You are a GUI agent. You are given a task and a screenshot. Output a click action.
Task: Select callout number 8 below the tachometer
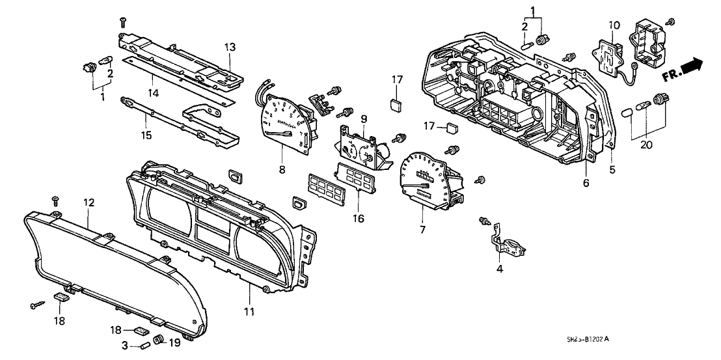pos(282,169)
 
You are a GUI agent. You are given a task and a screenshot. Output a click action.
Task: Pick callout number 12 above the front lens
pos(88,203)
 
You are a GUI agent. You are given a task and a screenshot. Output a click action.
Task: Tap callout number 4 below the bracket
pos(499,269)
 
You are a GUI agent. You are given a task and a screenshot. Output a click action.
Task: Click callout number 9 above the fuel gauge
pos(364,118)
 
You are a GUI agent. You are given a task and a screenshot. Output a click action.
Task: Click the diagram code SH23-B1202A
pos(589,339)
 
